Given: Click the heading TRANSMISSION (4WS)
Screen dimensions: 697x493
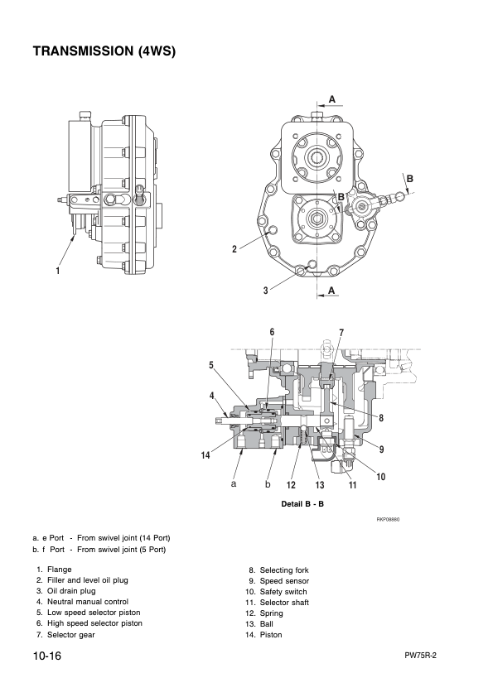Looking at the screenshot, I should pyautogui.click(x=104, y=52).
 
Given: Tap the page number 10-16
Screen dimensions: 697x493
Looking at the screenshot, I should pyautogui.click(x=48, y=656).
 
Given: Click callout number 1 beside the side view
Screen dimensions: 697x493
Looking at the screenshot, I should pyautogui.click(x=58, y=271).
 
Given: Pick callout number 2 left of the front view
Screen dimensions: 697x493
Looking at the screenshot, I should pyautogui.click(x=234, y=248).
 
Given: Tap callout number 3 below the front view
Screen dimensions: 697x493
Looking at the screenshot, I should pyautogui.click(x=265, y=291).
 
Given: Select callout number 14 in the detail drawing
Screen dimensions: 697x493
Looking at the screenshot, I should pyautogui.click(x=204, y=454).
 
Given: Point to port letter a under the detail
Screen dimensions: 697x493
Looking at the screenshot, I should pyautogui.click(x=234, y=483).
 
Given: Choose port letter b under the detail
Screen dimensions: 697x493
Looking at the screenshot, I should pyautogui.click(x=268, y=483).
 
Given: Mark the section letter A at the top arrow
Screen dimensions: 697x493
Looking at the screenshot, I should pyautogui.click(x=331, y=99).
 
